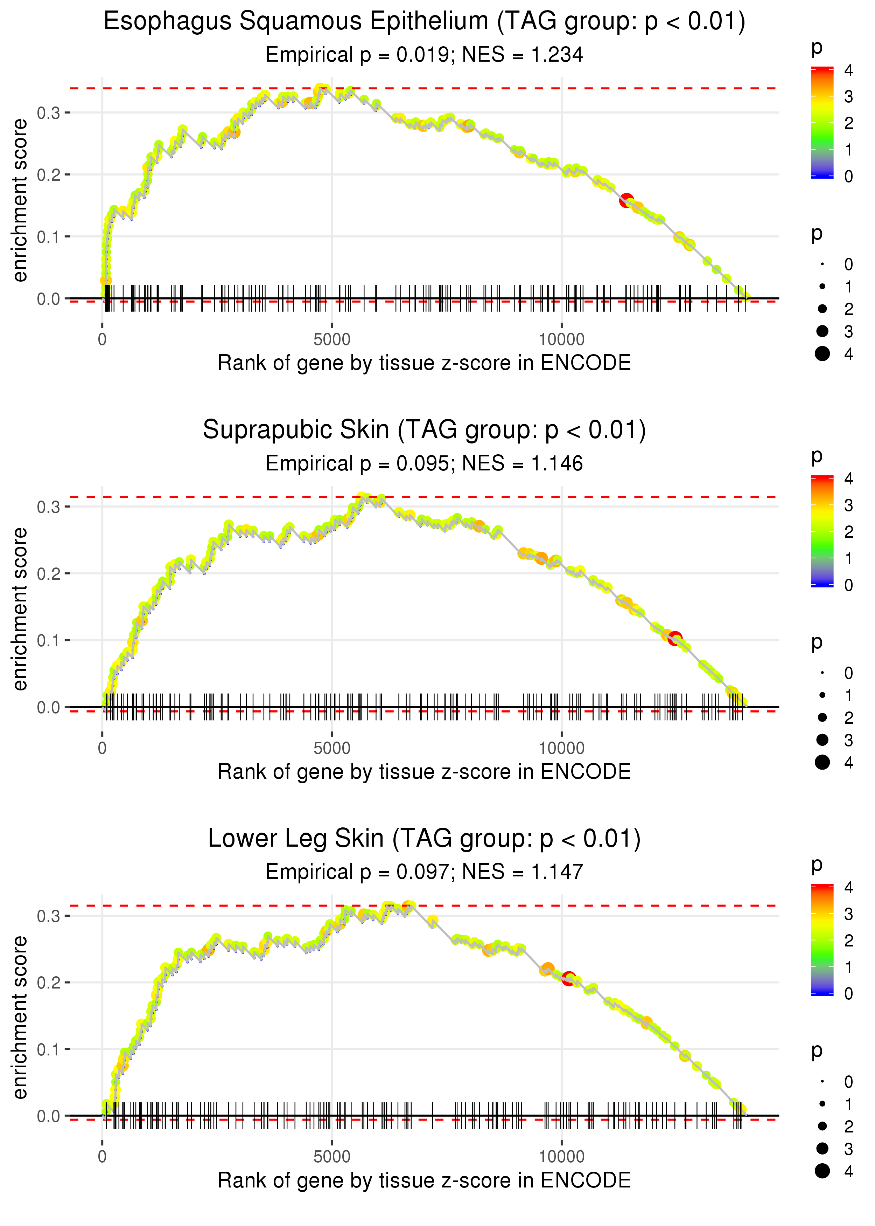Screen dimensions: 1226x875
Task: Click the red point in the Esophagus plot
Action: (626, 201)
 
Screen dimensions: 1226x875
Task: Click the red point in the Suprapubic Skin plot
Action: (674, 639)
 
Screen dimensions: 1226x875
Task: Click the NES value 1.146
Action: (557, 464)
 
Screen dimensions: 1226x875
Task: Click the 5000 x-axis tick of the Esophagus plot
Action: (332, 340)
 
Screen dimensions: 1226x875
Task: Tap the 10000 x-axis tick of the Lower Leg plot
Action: (561, 1156)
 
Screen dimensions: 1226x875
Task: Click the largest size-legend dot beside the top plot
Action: (822, 354)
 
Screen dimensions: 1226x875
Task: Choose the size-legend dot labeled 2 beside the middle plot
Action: (822, 717)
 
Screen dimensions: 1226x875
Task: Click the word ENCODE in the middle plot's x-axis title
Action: (586, 772)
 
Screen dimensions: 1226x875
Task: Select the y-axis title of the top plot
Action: (20, 201)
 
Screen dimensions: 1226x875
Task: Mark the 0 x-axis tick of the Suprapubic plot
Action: (102, 748)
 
